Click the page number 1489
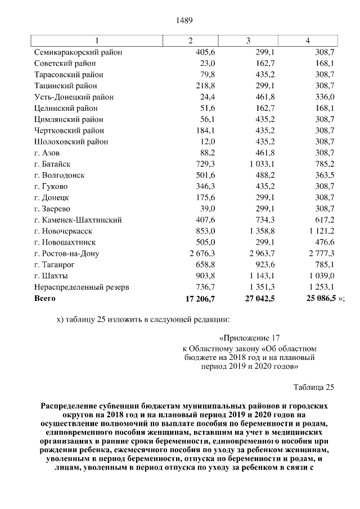point(184,21)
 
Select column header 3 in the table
point(248,41)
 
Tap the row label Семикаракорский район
point(78,52)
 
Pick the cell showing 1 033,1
point(261,164)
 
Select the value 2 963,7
point(261,253)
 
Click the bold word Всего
point(45,298)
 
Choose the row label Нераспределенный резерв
point(82,287)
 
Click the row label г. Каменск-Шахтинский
point(78,220)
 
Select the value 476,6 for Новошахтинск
point(323,242)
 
